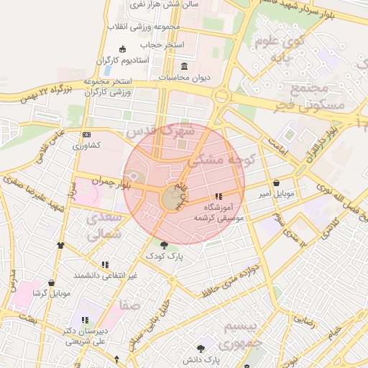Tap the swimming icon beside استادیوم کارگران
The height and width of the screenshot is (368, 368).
[122, 49]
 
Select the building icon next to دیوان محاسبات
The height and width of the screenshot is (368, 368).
[185, 66]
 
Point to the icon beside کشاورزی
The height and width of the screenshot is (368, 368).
[87, 134]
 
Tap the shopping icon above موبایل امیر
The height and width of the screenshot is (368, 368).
[277, 183]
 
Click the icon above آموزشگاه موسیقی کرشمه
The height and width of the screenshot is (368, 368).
[218, 196]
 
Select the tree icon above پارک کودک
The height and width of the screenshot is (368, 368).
[165, 245]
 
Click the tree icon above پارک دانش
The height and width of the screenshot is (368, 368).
[201, 348]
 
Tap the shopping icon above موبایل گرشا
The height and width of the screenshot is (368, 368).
[50, 283]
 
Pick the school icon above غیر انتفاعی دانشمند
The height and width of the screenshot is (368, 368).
[106, 264]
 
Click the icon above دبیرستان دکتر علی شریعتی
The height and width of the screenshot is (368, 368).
[85, 320]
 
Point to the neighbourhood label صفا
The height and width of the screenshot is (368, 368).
[130, 305]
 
